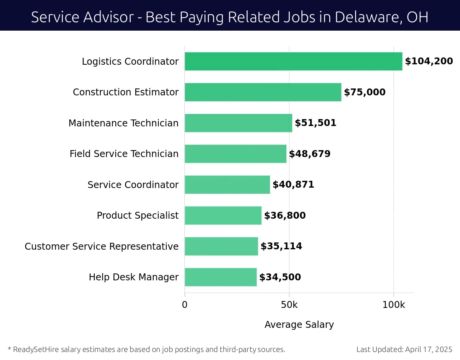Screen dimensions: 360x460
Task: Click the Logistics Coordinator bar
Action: [293, 61]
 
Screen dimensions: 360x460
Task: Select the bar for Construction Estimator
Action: [263, 92]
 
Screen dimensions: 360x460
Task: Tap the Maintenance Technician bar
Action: [238, 123]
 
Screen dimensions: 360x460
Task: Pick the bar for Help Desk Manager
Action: [220, 277]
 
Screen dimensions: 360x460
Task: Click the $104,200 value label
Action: [429, 61]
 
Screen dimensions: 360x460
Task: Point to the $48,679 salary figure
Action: [309, 154]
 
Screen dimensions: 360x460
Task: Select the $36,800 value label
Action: [285, 216]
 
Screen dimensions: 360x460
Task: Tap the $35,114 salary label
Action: [281, 246]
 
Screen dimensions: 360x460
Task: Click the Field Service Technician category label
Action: [124, 154]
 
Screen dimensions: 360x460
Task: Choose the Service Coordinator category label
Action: [133, 185]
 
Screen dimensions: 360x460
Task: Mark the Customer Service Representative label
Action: [102, 246]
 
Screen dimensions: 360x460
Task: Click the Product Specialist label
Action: [137, 216]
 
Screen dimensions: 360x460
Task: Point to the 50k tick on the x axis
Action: [289, 305]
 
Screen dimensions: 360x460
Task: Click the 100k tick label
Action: [394, 305]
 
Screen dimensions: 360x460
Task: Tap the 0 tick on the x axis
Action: [185, 305]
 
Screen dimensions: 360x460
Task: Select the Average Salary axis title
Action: [299, 325]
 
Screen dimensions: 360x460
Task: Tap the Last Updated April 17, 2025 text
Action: [404, 349]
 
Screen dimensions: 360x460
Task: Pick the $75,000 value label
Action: [365, 92]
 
